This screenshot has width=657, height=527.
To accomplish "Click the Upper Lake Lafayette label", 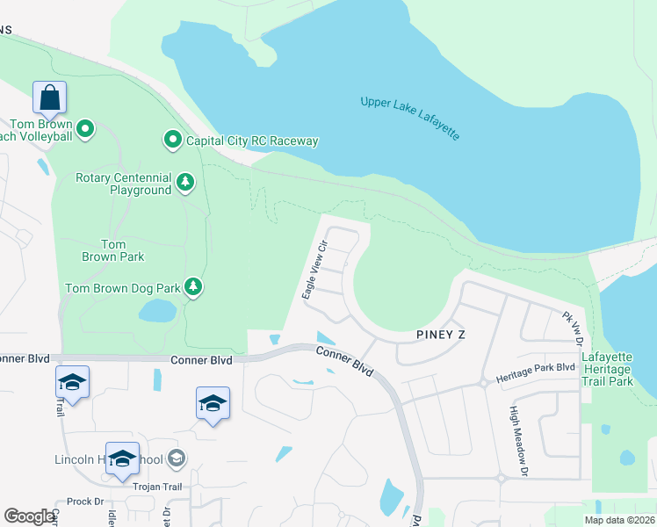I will (410, 119).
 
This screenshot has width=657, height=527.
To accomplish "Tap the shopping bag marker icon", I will (49, 97).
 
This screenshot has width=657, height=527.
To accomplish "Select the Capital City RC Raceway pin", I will (173, 140).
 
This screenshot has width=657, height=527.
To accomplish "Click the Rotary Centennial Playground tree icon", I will (184, 182).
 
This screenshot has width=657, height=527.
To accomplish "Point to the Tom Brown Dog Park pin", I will (193, 286).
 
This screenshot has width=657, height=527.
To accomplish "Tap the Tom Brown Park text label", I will (113, 250).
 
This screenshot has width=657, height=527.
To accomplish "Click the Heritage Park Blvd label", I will (535, 372).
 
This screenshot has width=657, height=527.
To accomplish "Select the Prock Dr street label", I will (85, 501).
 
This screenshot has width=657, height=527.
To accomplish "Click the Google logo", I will (30, 516).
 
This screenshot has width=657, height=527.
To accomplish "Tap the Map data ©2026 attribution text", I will (618, 520).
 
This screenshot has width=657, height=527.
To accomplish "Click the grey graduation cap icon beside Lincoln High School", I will (176, 458).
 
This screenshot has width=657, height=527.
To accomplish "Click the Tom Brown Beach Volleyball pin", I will (85, 131).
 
